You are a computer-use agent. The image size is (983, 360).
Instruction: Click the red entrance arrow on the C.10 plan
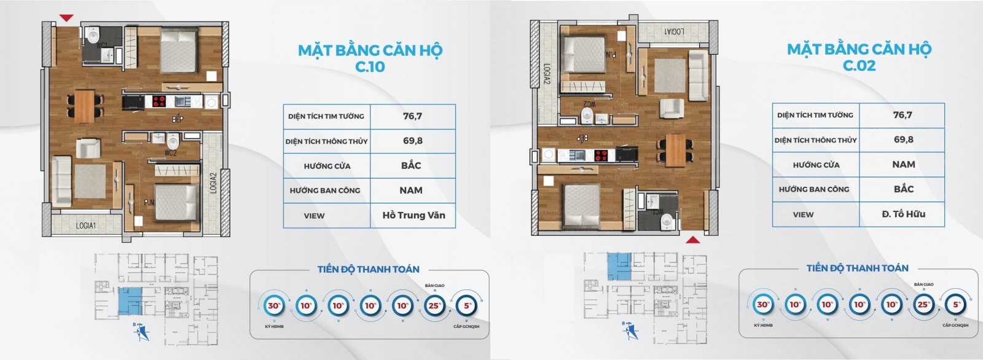coord(66,18)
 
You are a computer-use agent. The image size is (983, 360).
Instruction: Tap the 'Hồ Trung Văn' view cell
coord(413,215)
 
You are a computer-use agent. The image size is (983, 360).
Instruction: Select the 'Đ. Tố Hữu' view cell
coord(903,214)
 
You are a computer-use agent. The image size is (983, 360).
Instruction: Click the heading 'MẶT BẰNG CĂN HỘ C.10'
coord(370,58)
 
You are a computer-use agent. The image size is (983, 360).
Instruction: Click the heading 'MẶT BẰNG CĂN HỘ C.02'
coord(859,57)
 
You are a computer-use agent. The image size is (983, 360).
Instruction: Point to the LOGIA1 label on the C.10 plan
coord(86,225)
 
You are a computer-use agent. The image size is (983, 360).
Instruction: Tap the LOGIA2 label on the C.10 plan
coord(213,183)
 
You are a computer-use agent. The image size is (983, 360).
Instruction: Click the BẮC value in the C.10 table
coord(411,165)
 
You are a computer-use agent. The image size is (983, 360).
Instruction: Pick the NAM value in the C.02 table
coord(903,164)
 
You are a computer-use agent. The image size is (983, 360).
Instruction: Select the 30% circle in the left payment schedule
coord(273,305)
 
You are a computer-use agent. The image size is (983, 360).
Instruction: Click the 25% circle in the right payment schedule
coord(923,304)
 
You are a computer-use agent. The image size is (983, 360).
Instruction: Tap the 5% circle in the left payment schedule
coord(468,305)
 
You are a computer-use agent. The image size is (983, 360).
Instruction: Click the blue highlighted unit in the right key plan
coord(619,265)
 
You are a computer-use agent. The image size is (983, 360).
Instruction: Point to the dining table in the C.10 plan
coord(85,106)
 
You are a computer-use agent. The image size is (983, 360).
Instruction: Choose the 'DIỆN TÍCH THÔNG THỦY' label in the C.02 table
coord(815,140)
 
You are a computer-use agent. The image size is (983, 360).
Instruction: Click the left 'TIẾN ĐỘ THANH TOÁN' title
coord(368,269)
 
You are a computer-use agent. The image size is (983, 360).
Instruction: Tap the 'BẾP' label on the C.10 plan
coord(177,119)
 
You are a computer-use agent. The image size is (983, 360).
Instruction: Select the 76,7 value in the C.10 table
coord(412,116)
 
